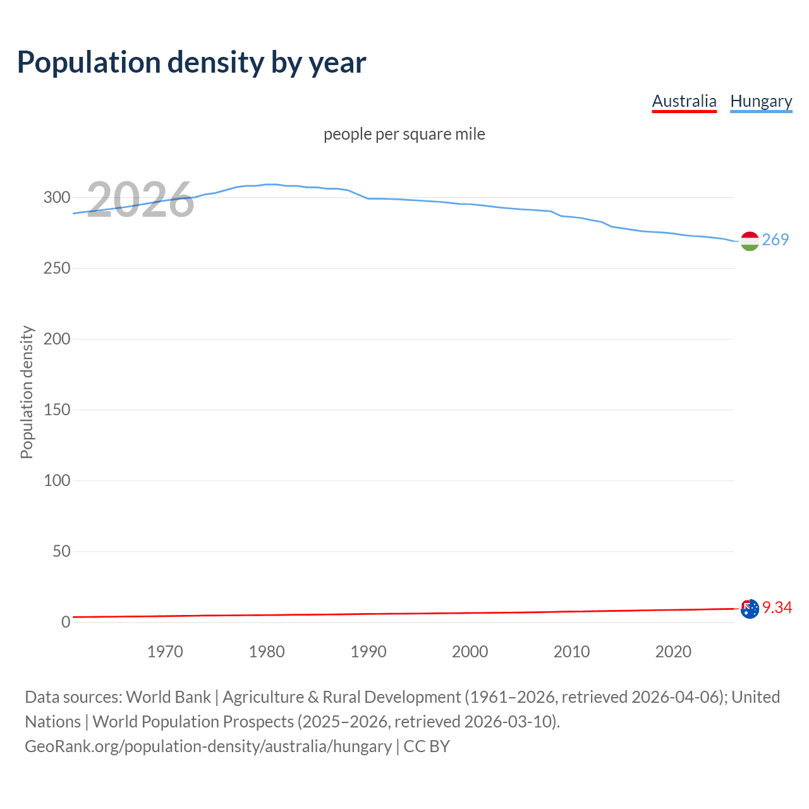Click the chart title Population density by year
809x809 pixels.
pyautogui.click(x=192, y=62)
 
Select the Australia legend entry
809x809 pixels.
pyautogui.click(x=684, y=101)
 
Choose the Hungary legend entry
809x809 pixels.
pyautogui.click(x=761, y=101)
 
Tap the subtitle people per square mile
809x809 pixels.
pyautogui.click(x=404, y=134)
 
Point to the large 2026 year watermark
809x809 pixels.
pyautogui.click(x=140, y=200)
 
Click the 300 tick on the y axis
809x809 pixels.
pyautogui.click(x=57, y=198)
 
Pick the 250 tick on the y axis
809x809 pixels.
pyautogui.click(x=57, y=269)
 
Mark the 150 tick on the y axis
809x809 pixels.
pyautogui.click(x=57, y=410)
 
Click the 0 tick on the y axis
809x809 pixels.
pyautogui.click(x=66, y=623)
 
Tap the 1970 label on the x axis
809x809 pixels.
pyautogui.click(x=165, y=652)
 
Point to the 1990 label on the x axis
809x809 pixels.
pyautogui.click(x=368, y=652)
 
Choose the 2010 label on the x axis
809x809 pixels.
pyautogui.click(x=571, y=652)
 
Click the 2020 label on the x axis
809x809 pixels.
pyautogui.click(x=673, y=652)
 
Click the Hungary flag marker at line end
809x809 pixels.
pyautogui.click(x=750, y=241)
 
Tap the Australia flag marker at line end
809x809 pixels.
pyautogui.click(x=750, y=609)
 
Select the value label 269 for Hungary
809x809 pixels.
pyautogui.click(x=776, y=240)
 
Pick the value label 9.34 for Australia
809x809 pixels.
pyautogui.click(x=777, y=607)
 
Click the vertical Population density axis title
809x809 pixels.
pyautogui.click(x=27, y=392)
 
